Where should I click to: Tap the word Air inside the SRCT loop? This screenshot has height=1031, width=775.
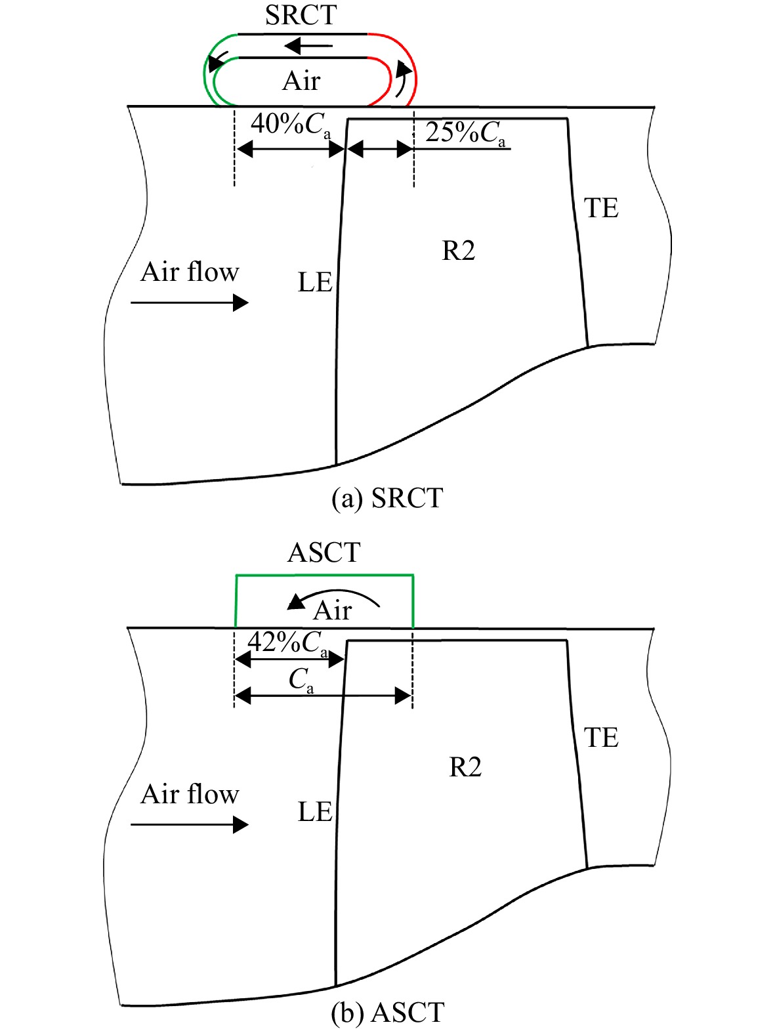point(301,81)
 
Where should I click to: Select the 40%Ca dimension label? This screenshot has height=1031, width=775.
point(290,125)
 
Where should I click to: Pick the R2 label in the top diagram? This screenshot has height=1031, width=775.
point(459,250)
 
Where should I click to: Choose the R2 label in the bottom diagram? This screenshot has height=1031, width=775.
point(465,767)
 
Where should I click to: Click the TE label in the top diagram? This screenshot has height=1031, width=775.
point(601,207)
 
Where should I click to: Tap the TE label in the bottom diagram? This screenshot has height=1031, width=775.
point(601,738)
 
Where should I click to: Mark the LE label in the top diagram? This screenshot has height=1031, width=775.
point(315,282)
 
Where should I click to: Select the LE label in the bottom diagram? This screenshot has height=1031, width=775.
point(315,812)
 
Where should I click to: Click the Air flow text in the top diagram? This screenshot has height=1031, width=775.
point(189,272)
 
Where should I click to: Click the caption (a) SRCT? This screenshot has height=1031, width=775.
point(387,498)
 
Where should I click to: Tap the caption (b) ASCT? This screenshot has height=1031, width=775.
point(387,1015)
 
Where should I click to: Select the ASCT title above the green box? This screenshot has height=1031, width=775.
point(324,552)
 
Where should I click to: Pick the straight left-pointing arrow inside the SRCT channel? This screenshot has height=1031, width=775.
point(308,46)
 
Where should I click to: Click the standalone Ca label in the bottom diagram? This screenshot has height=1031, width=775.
point(301,681)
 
